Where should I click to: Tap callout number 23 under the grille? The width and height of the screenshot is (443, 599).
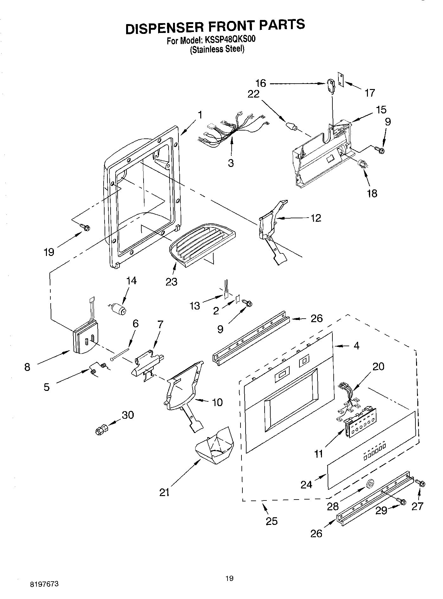pyautogui.click(x=171, y=282)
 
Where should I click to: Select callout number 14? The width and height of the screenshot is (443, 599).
pyautogui.click(x=131, y=281)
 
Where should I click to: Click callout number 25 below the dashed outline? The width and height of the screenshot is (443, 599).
pyautogui.click(x=272, y=521)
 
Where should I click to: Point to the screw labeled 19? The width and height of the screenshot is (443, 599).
pyautogui.click(x=85, y=227)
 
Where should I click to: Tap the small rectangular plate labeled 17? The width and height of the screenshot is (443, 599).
pyautogui.click(x=341, y=78)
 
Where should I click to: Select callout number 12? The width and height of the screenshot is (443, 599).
pyautogui.click(x=316, y=218)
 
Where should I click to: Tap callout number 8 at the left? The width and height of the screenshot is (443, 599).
pyautogui.click(x=27, y=367)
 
